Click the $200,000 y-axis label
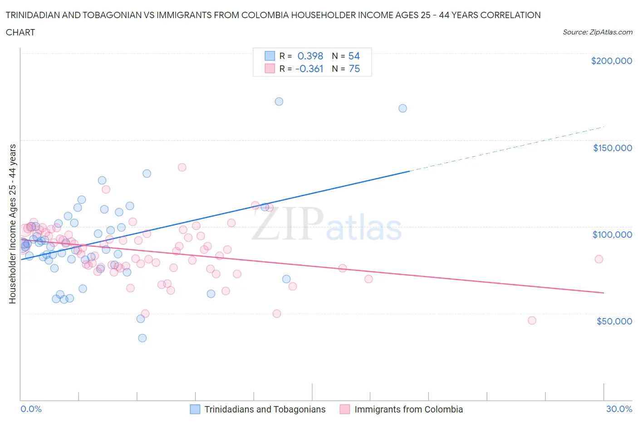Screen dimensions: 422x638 pos(611,61)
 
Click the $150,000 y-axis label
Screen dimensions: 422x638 pos(612,148)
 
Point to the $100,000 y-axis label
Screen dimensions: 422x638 pos(612,235)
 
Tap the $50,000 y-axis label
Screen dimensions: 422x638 pos(614,321)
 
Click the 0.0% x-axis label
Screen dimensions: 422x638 pos(31,409)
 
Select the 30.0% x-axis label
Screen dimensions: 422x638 pos(619,409)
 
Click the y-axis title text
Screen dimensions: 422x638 pos(12,224)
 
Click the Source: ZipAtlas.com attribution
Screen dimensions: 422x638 pos(597,32)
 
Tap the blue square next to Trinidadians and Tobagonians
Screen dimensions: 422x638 pos(195,409)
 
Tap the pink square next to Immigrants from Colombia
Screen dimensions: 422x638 pos(345,409)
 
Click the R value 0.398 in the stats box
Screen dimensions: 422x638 pos(310,56)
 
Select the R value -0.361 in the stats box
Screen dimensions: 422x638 pos(309,69)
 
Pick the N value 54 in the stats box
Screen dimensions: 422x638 pos(354,56)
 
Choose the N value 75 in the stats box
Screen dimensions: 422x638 pos(354,69)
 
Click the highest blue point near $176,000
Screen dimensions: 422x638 pos(279,102)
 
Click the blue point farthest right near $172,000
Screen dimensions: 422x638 pos(402,108)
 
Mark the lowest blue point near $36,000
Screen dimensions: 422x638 pos(142,338)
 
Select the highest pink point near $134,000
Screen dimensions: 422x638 pos(182,167)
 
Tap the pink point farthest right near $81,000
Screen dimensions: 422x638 pos(599,259)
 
